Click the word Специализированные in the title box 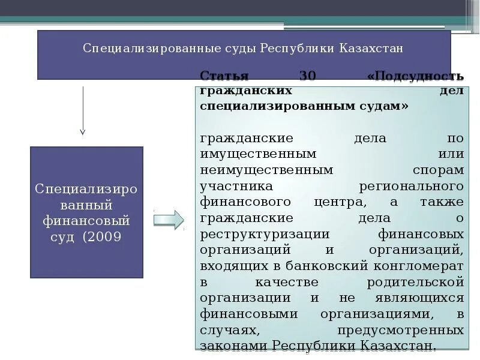coord(134,47)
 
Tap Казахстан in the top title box coord(370,47)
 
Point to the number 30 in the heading coord(307,77)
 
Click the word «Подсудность coord(415,77)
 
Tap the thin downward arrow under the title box coord(83,111)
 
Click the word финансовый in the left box coord(86,221)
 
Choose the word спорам coord(438,170)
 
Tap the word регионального coord(411,186)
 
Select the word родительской coord(415,281)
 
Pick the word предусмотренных coord(400,330)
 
